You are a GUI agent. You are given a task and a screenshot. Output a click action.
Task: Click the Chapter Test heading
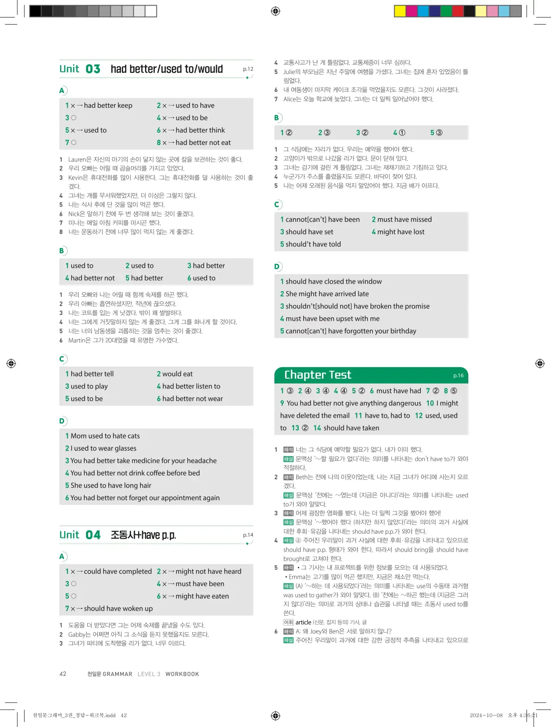(x=318, y=375)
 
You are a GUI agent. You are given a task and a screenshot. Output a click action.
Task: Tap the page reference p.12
(x=248, y=69)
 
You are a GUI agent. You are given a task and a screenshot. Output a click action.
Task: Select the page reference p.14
(x=248, y=535)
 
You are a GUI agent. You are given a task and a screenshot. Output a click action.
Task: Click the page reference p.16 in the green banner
(x=458, y=375)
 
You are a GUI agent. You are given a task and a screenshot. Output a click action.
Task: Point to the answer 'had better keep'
(x=108, y=105)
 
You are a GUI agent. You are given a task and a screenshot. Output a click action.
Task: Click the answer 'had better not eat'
(x=203, y=143)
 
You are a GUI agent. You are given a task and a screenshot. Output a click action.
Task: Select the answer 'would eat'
(x=177, y=374)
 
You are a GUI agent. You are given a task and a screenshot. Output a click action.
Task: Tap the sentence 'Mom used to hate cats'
(x=105, y=436)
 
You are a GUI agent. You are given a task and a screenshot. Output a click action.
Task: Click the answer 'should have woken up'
(x=118, y=609)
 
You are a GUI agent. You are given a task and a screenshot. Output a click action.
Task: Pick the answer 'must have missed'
(x=404, y=219)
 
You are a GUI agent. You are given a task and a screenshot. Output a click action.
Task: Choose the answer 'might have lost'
(x=401, y=232)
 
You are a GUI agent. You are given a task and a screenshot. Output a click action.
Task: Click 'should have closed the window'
(x=333, y=282)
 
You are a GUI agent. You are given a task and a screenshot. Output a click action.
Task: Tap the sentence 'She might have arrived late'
(x=327, y=294)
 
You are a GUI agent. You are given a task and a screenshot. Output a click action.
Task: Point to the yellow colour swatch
(x=400, y=11)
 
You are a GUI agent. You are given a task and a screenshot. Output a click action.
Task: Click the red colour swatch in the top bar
(x=458, y=11)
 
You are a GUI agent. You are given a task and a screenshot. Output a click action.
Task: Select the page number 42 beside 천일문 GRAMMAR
(x=63, y=674)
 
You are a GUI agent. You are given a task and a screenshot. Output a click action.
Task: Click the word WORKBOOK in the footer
(x=182, y=674)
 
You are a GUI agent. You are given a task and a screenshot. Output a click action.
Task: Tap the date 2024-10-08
(x=486, y=715)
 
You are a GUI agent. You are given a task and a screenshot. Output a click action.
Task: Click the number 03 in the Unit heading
(x=93, y=69)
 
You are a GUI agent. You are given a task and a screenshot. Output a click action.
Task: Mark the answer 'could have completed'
(x=117, y=571)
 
